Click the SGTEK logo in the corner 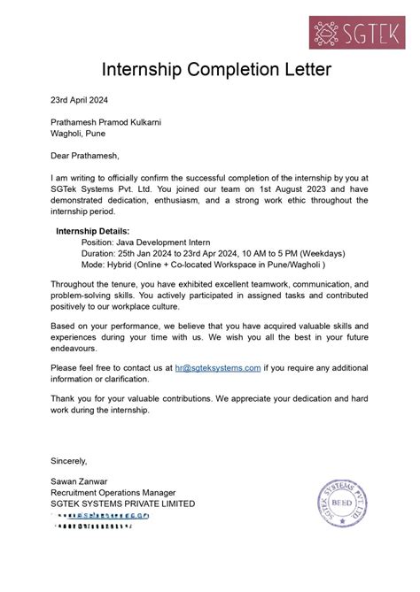click(358, 24)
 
